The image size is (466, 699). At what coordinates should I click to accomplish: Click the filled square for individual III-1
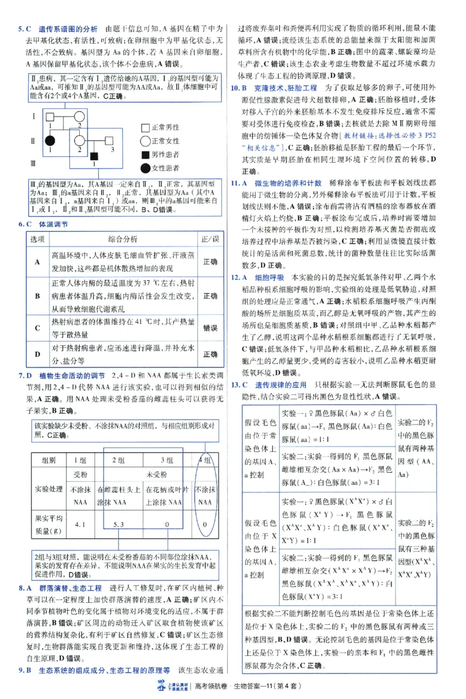click(x=94, y=156)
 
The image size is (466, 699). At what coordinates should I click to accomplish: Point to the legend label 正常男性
click(x=165, y=127)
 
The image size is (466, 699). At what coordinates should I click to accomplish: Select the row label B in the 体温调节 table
click(x=37, y=296)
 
